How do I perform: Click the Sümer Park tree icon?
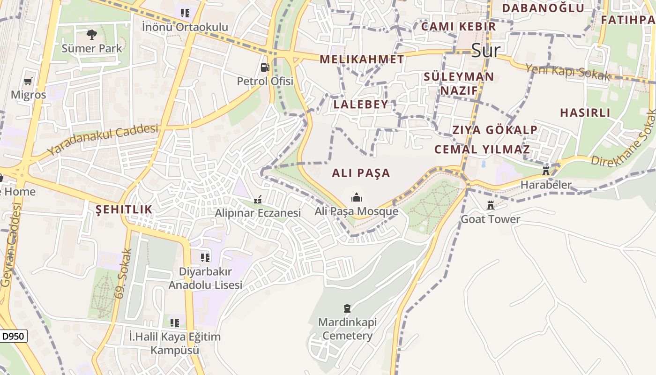coord(92,34)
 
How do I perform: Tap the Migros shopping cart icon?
coord(28,81)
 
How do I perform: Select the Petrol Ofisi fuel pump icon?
coord(265,67)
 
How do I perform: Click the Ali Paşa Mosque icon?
coord(357,197)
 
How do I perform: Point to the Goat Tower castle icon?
coord(491,205)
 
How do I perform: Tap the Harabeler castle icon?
coord(545,171)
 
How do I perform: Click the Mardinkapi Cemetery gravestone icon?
coord(347,308)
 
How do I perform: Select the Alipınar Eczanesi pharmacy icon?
coord(257,200)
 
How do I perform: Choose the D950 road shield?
coord(14,336)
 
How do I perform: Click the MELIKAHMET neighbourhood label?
coord(362,59)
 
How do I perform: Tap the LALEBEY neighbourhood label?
coord(361,104)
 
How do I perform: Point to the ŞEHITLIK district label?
coord(124,210)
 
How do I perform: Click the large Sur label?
coord(485,50)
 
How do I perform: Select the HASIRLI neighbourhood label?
coord(585,112)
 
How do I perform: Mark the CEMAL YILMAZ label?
coord(482,150)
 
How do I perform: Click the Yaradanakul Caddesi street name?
coord(103,139)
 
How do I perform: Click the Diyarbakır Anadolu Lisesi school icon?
coord(205,257)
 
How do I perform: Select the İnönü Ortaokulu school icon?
coord(185,13)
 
